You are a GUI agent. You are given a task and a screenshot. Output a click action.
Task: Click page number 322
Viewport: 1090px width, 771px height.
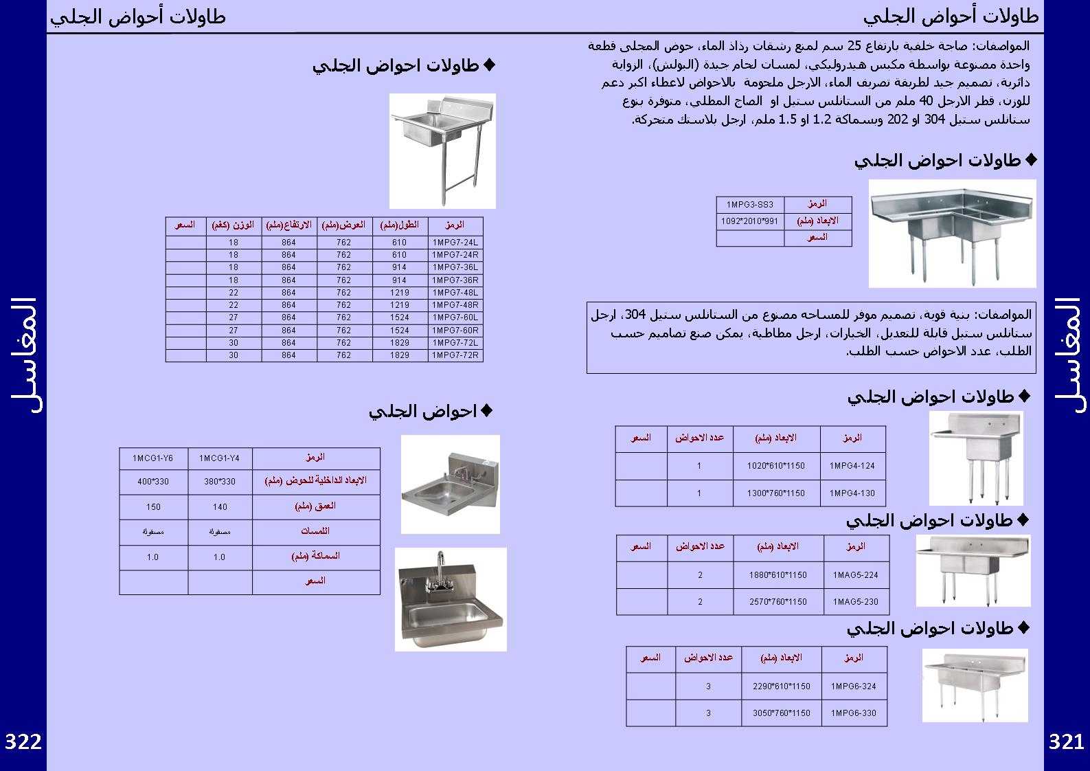(23, 742)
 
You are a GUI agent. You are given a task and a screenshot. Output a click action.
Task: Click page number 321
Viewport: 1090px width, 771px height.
(1066, 742)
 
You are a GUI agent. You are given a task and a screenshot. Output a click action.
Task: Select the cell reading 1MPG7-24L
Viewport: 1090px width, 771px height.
(455, 243)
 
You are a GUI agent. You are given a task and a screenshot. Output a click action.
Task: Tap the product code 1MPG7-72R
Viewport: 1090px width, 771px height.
(455, 355)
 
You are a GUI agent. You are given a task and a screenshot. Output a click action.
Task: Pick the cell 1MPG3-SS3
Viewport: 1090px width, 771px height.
(749, 205)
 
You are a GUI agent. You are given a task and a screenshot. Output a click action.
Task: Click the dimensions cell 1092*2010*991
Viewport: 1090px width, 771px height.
(749, 221)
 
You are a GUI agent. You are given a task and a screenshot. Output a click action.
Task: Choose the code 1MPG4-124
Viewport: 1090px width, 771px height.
(852, 466)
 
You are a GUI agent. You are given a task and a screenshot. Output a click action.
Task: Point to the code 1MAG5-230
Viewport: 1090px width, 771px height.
(856, 602)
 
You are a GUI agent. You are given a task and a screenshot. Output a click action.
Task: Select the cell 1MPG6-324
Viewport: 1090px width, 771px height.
(853, 686)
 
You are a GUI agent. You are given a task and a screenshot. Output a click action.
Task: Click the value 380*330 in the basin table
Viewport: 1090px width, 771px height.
(219, 482)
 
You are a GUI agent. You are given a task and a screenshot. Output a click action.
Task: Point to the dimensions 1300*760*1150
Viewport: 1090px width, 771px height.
(775, 493)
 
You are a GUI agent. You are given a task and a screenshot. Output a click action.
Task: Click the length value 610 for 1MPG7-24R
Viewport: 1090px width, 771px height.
(399, 255)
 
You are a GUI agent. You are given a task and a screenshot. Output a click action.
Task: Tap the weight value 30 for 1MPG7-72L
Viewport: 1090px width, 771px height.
(234, 343)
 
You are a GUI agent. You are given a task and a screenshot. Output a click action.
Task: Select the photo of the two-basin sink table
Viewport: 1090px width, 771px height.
(973, 570)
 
